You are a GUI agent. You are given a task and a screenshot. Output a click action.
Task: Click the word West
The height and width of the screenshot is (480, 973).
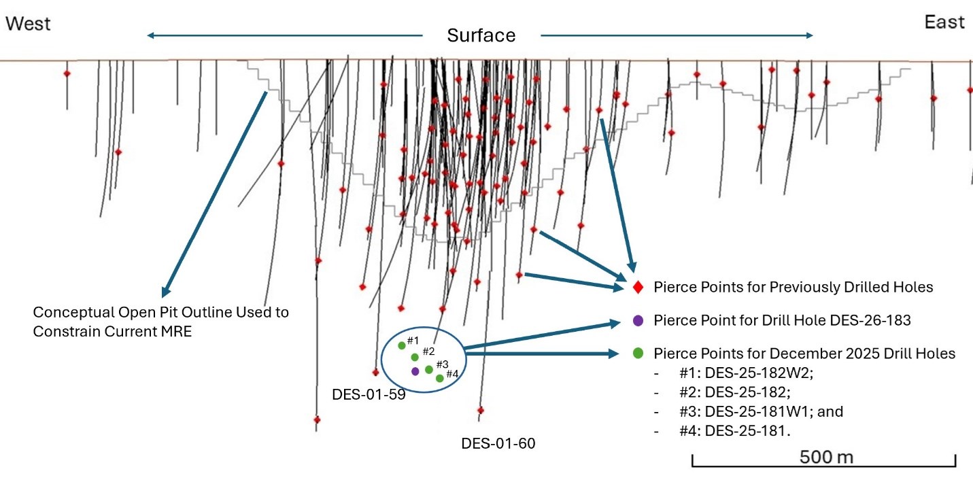point(29,24)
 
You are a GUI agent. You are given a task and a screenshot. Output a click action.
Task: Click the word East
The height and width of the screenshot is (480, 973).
point(944,22)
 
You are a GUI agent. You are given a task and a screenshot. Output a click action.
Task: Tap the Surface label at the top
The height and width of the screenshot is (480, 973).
point(481,35)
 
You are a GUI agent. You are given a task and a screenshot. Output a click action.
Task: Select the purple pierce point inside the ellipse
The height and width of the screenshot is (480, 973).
point(415,371)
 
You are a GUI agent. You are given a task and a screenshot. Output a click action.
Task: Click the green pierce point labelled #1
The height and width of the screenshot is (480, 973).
point(402,345)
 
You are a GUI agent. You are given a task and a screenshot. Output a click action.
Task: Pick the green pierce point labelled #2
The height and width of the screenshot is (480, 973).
point(415,357)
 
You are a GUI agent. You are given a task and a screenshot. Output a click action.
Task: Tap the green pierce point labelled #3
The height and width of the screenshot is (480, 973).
point(428,369)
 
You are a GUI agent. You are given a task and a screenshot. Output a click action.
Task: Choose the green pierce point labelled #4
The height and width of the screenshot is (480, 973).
point(440,378)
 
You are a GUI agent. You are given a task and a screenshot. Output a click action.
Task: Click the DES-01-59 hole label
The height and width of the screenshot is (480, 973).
point(369,394)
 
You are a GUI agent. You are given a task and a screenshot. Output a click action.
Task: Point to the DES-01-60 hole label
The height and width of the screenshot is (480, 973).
point(498,444)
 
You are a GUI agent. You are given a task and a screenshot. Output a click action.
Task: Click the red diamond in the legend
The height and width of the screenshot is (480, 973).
point(638,288)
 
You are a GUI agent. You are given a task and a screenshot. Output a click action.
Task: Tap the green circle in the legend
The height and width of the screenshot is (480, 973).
point(638,354)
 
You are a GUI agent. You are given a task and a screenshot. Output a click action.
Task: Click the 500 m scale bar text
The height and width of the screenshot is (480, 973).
point(826,456)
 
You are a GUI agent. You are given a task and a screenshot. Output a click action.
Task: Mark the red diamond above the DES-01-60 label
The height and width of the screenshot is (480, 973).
point(481,410)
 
